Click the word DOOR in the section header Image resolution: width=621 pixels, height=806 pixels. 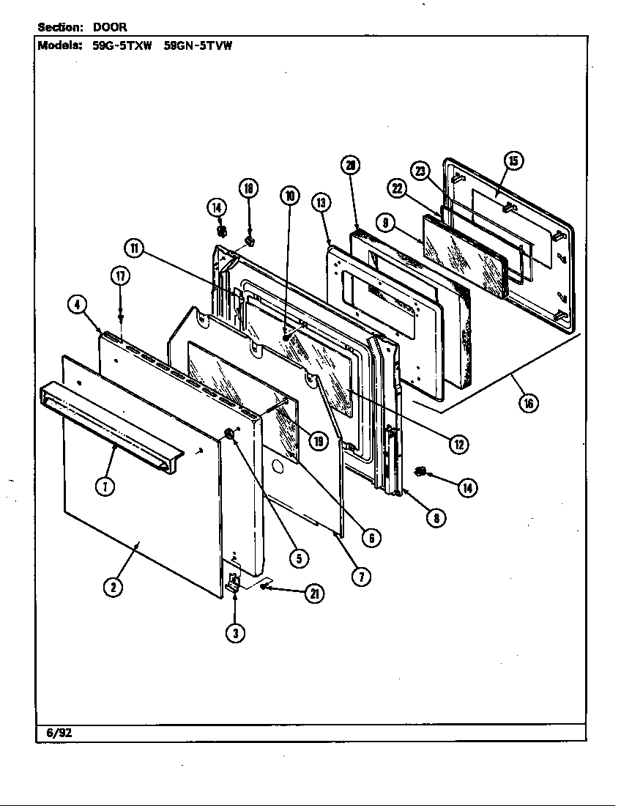tap(110, 27)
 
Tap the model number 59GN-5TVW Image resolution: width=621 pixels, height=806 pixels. tap(198, 45)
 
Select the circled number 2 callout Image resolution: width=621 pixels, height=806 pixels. tap(112, 586)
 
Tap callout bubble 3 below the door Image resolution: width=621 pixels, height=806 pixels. tap(234, 633)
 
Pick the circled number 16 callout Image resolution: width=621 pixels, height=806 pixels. tap(527, 402)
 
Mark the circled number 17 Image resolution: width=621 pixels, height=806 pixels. tap(121, 277)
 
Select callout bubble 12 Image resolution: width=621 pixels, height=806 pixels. tap(459, 443)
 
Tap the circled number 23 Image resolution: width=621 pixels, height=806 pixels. tap(420, 171)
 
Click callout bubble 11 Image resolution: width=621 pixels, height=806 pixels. tap(134, 248)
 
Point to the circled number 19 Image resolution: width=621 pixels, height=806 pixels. tap(317, 440)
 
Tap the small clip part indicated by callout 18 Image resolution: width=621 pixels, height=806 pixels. tap(249, 239)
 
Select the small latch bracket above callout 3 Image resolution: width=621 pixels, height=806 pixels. tap(233, 583)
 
